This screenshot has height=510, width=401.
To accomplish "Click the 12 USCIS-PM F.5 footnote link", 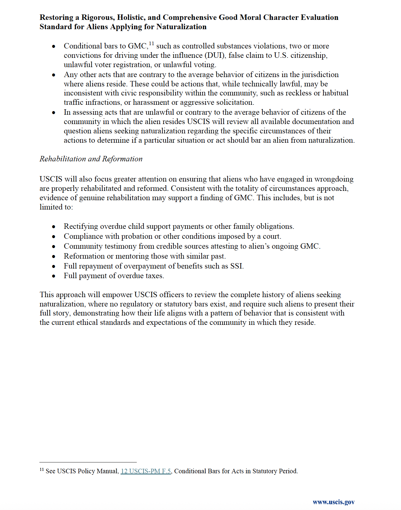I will point(146,471).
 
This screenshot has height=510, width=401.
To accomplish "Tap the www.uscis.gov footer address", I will point(334,502).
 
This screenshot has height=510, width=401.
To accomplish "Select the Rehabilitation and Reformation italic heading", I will point(91,159).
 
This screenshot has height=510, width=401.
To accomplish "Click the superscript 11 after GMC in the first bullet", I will point(152,44).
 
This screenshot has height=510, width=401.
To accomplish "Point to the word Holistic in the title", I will point(131,17).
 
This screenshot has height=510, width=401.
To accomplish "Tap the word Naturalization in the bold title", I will point(182,27).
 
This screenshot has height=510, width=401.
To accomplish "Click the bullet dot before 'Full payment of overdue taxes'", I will point(54,276).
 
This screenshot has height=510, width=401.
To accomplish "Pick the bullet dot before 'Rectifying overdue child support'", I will point(54,227).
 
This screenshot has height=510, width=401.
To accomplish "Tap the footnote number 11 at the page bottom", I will point(42,470).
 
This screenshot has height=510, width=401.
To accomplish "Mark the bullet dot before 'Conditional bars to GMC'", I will point(54,46).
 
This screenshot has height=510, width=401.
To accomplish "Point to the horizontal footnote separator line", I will point(88,462).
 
